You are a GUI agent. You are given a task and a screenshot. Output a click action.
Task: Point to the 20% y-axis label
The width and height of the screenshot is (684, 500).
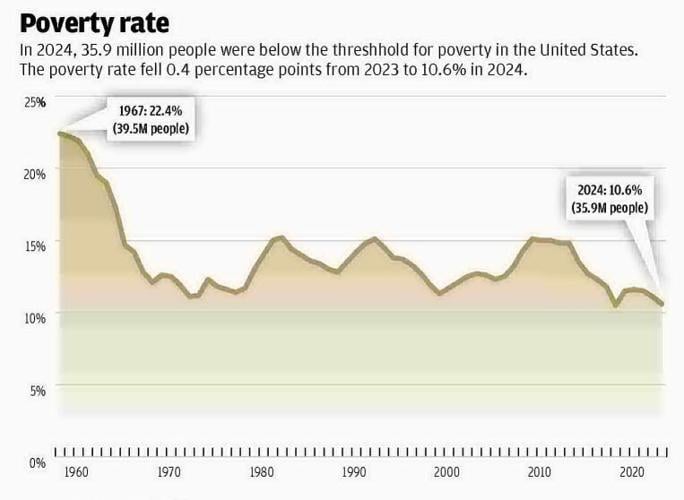[x=35, y=172]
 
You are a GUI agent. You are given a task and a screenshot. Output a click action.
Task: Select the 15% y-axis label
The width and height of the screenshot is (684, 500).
[x=35, y=244]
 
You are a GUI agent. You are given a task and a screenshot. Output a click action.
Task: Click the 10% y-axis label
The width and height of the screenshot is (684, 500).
[x=35, y=317]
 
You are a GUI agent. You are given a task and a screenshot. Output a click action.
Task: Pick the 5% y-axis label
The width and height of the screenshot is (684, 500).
[x=37, y=390]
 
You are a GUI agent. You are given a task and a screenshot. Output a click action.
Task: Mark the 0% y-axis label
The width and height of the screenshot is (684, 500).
[x=37, y=463]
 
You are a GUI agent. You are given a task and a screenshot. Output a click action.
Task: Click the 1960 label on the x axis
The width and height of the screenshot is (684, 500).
[x=71, y=472]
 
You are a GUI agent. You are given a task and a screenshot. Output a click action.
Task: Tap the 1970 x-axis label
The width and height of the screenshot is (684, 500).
[x=169, y=472]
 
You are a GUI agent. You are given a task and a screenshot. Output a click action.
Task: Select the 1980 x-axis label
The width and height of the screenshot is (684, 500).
[x=262, y=472]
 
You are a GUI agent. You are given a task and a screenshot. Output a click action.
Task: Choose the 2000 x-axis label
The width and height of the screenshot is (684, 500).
[x=447, y=472]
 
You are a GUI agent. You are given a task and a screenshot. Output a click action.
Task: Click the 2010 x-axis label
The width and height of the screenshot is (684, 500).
[x=540, y=472]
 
